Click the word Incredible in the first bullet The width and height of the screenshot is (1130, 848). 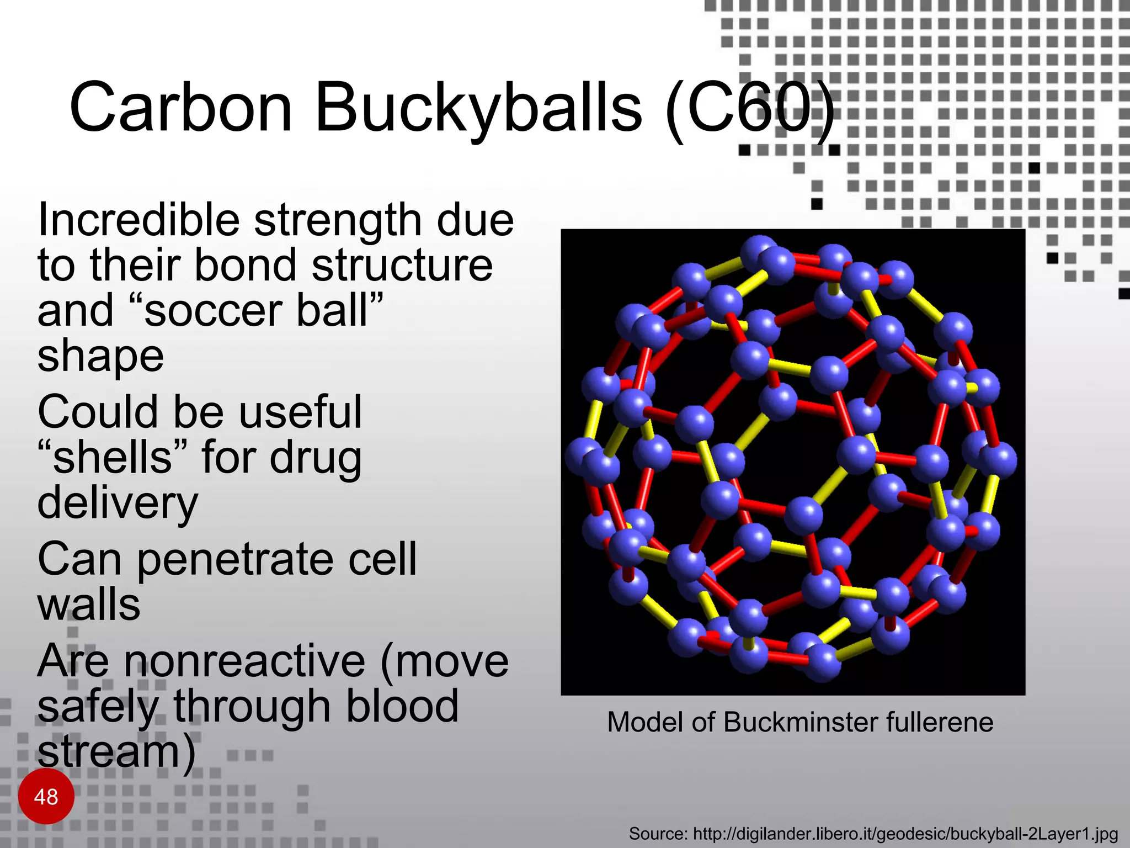[138, 220]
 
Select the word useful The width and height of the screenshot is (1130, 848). [300, 412]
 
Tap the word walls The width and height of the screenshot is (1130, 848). [89, 605]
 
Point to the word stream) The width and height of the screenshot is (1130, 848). [116, 752]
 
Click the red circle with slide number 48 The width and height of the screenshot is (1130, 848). [46, 796]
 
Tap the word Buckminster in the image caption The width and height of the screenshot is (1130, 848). [801, 722]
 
